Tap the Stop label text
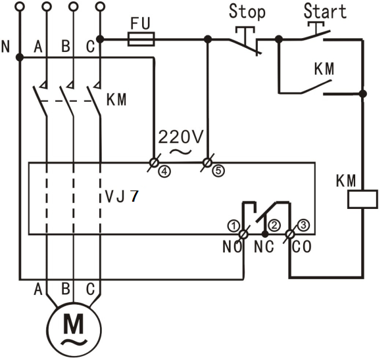(247, 12)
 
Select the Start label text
(325, 11)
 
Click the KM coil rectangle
(362, 199)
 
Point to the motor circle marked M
(74, 330)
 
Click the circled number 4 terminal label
(164, 171)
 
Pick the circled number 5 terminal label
(218, 171)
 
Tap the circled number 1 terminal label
(233, 226)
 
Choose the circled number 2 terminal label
(274, 225)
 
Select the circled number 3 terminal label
(303, 225)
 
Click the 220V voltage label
(181, 137)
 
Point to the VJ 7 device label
(122, 196)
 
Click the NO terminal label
(232, 247)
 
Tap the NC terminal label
(264, 247)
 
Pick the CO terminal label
(302, 247)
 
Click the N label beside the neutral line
(5, 47)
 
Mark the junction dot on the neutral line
(20, 58)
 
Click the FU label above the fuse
(141, 24)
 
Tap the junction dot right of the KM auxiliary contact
(363, 94)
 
